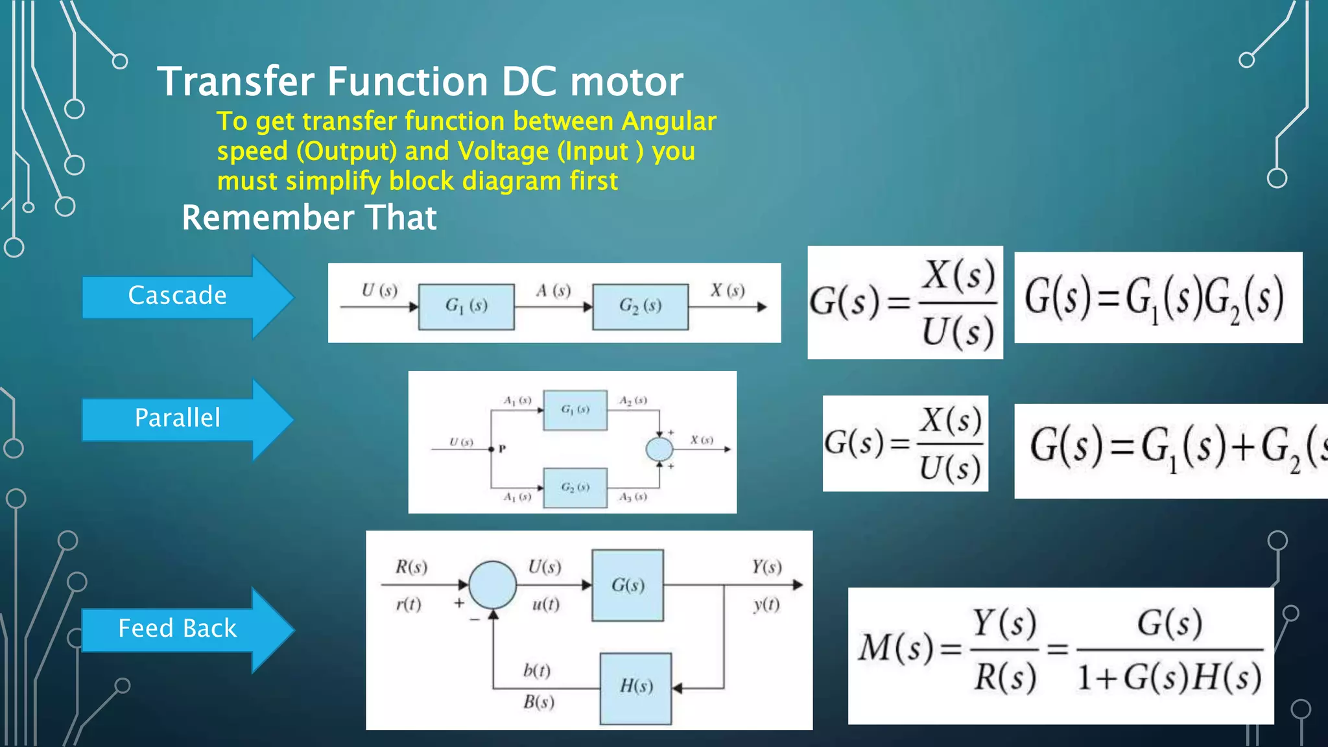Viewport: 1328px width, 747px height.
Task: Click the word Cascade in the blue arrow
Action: tap(177, 295)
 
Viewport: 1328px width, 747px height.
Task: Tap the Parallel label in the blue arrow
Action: tap(177, 418)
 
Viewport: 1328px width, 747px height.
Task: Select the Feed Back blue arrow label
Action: tap(177, 628)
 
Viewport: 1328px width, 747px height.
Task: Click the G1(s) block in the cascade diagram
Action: tap(466, 306)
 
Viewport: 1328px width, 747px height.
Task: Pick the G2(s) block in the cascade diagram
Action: tap(640, 306)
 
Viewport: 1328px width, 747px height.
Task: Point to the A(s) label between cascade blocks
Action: tap(553, 290)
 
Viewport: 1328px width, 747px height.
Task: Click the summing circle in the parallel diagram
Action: tap(659, 449)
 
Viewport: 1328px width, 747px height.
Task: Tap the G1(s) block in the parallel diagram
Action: tap(575, 410)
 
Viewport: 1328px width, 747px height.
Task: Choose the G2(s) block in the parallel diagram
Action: tap(575, 487)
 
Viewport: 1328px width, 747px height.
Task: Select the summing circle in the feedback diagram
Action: tap(493, 585)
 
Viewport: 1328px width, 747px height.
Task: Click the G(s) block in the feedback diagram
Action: tap(628, 585)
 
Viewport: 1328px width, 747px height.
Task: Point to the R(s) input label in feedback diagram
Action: tap(411, 567)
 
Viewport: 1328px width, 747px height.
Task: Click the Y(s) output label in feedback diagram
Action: tap(766, 567)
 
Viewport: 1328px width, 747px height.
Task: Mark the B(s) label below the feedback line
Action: tap(539, 702)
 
